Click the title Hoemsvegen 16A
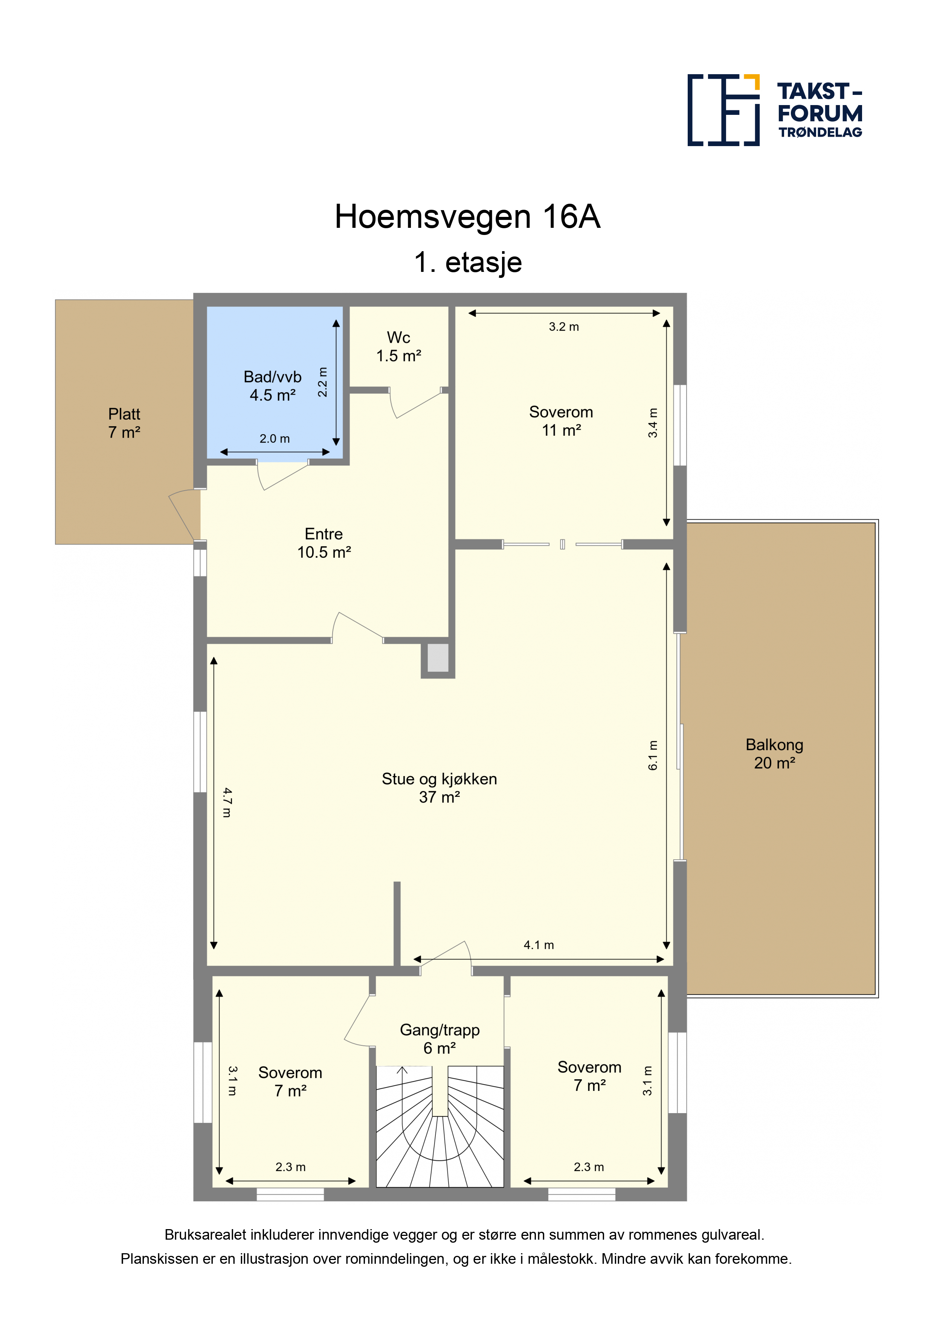pos(467,217)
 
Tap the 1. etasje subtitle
pos(468,262)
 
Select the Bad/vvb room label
pos(272,377)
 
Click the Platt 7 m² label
pos(124,423)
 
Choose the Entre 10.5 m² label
pos(324,543)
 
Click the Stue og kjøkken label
pos(439,779)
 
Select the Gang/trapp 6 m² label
pos(440,1039)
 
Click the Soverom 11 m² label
pos(561,421)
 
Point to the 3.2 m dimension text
pos(563,327)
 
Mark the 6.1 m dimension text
pos(653,755)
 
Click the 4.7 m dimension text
pos(227,802)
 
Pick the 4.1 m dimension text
pos(539,945)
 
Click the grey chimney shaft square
pos(438,657)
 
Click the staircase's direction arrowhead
pos(402,1070)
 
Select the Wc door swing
pos(414,403)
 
